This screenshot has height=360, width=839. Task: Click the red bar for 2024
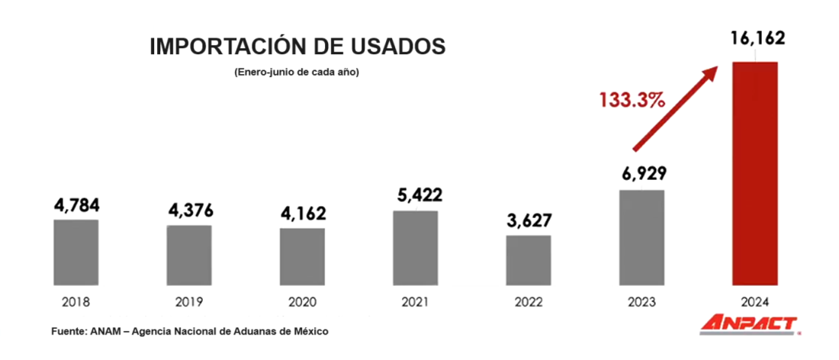755,172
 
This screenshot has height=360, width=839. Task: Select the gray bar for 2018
76,252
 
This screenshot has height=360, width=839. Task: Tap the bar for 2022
529,259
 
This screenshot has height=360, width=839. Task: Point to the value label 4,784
76,205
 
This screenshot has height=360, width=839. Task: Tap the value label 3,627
529,221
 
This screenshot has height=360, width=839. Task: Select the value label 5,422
416,195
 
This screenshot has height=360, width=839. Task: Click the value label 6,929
641,174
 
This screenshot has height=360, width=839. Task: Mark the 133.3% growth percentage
632,100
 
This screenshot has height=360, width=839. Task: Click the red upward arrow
674,109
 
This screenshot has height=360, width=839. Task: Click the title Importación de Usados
297,47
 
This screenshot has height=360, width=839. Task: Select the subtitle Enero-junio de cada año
297,72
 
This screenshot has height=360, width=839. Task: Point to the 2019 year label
189,302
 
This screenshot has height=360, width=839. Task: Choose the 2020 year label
302,302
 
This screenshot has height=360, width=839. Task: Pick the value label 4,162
302,213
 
